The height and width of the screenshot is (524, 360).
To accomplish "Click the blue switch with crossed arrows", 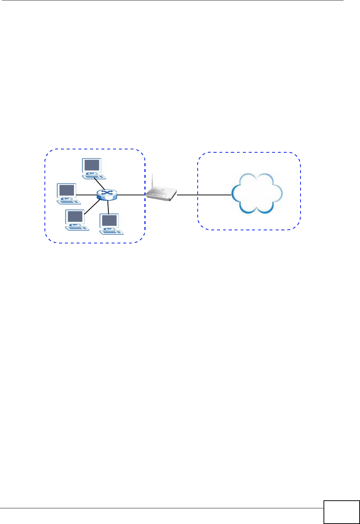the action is coord(107,195).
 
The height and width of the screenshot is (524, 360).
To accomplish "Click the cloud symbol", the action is coord(257,193).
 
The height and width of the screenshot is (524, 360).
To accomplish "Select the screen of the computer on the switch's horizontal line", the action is coord(67,190).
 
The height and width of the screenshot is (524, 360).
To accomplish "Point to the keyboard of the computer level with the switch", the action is coord(69,201).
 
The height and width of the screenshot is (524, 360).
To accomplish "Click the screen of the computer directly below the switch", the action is coord(109,220).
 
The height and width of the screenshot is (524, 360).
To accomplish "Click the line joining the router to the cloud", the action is coord(204,195).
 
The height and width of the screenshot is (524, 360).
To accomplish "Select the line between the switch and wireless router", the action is coord(131,195).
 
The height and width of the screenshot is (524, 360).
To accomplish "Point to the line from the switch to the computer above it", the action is coord(99,184).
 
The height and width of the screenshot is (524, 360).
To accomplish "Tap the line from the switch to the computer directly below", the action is coord(108,207).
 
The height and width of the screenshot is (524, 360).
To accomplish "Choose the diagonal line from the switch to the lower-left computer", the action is coord(92,206).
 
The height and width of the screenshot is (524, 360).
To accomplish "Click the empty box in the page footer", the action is coord(341,512).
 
